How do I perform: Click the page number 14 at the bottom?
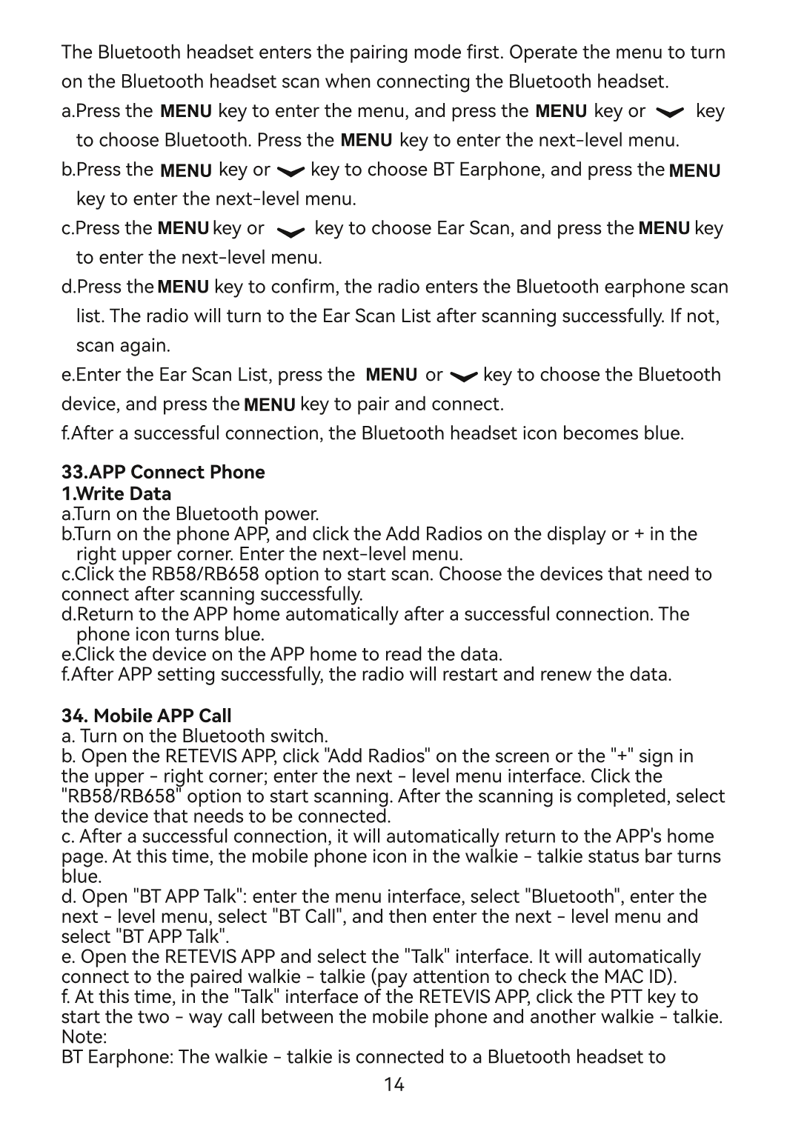(x=393, y=1085)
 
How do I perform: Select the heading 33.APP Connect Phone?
(x=163, y=473)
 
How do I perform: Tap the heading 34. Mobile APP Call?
(x=146, y=716)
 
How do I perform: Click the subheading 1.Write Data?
(x=116, y=493)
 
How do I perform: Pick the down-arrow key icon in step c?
(x=290, y=230)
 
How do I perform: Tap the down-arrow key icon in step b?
(x=290, y=171)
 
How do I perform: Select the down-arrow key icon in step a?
(x=671, y=113)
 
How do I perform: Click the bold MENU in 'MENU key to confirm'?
(x=183, y=287)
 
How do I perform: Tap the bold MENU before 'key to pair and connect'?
(x=269, y=405)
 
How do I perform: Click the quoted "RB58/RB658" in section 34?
(x=122, y=796)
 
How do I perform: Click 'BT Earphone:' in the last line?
(x=116, y=1056)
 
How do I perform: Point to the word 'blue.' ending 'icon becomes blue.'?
(x=663, y=433)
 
